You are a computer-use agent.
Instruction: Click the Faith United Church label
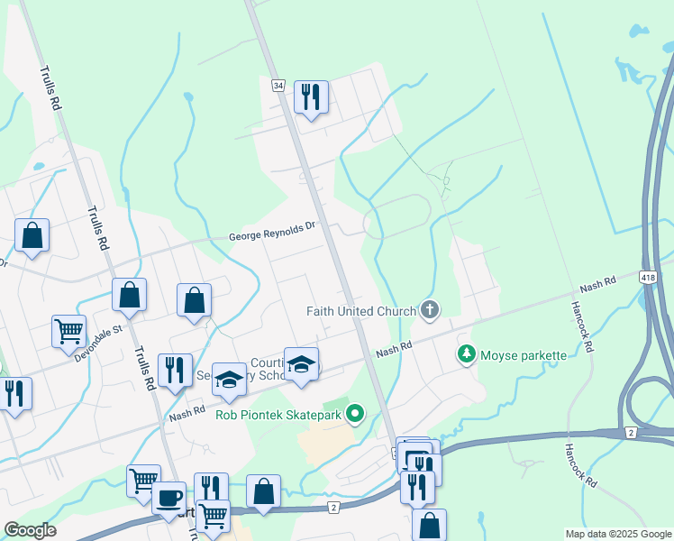(360, 311)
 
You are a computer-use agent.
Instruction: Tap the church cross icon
(430, 311)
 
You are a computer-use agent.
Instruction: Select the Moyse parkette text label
(523, 354)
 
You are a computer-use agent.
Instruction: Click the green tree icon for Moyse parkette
(466, 354)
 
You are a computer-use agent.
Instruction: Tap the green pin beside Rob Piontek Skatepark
(355, 414)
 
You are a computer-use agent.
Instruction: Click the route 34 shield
(278, 86)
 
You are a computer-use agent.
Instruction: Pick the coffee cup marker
(169, 497)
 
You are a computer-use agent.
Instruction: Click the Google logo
(30, 530)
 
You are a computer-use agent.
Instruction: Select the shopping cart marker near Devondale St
(68, 332)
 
